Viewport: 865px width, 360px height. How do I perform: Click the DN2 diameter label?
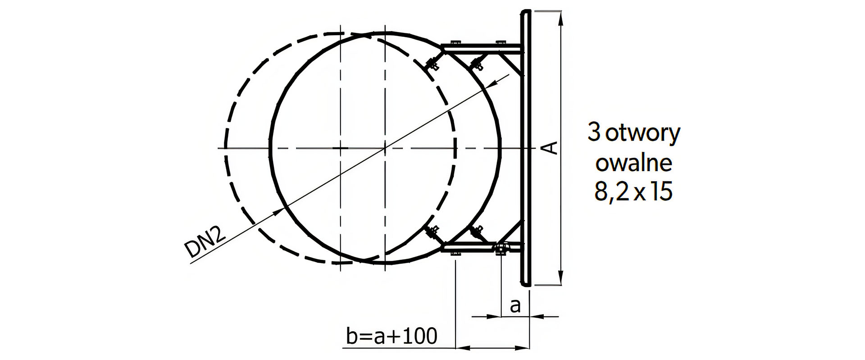[205, 242]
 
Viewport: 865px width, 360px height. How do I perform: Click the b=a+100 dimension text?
[392, 336]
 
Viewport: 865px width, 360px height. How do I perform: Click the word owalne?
[634, 163]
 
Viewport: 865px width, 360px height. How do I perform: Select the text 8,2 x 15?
[633, 192]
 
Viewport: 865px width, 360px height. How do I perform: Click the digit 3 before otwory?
[594, 133]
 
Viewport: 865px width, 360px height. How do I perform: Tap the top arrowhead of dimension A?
[561, 16]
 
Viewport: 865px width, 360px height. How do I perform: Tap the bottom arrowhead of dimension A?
[561, 278]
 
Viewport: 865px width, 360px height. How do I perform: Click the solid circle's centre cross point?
[385, 148]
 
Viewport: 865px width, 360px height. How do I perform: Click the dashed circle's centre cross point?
[341, 148]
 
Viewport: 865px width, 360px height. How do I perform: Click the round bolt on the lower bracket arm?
[501, 248]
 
